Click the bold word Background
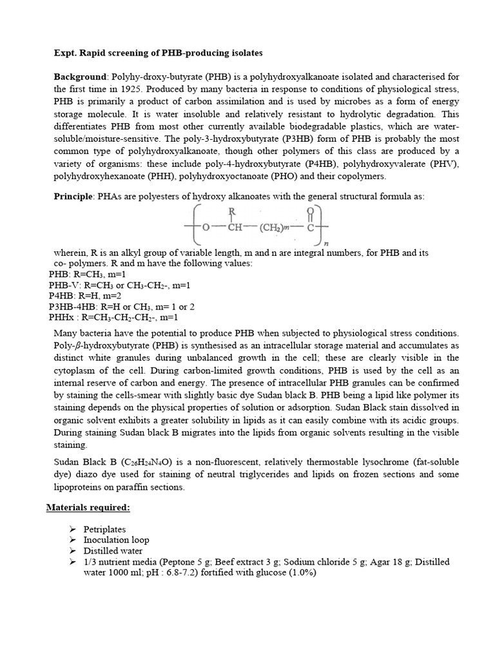[x=79, y=77]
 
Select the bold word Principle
[x=73, y=197]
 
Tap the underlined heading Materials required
[x=88, y=507]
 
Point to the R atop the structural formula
[x=231, y=211]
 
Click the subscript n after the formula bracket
[x=326, y=244]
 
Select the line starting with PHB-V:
[x=119, y=285]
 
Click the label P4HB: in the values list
[x=61, y=295]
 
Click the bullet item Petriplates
[x=104, y=529]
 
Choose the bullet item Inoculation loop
[x=116, y=540]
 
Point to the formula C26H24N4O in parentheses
[x=167, y=463]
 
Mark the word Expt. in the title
[x=65, y=52]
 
